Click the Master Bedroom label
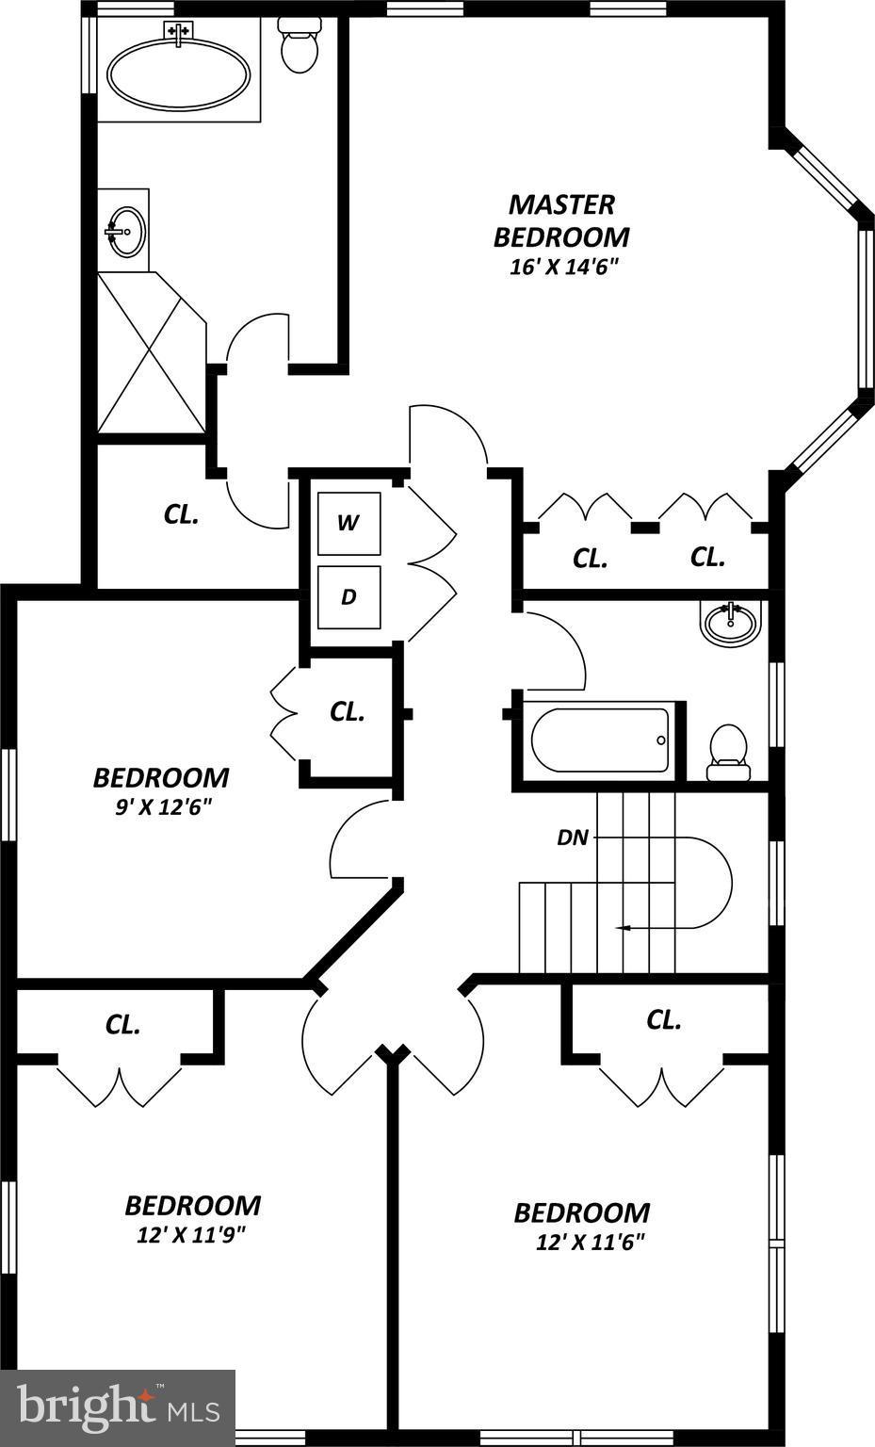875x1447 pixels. [x=561, y=219]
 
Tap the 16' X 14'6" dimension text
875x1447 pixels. [x=562, y=267]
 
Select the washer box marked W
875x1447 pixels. [x=348, y=523]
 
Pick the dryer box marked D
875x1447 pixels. [x=348, y=596]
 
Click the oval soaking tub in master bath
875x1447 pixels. [x=179, y=74]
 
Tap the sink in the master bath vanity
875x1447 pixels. [x=123, y=230]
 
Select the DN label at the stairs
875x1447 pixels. [x=573, y=837]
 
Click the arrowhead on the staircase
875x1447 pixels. [x=622, y=929]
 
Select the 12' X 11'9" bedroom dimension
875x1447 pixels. [x=192, y=1234]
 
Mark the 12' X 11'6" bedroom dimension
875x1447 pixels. [x=590, y=1242]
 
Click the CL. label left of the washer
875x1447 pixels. [x=182, y=514]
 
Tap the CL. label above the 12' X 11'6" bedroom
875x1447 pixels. [x=664, y=1019]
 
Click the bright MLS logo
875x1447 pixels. [x=118, y=1407]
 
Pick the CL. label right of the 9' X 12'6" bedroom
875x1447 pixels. [x=348, y=711]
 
